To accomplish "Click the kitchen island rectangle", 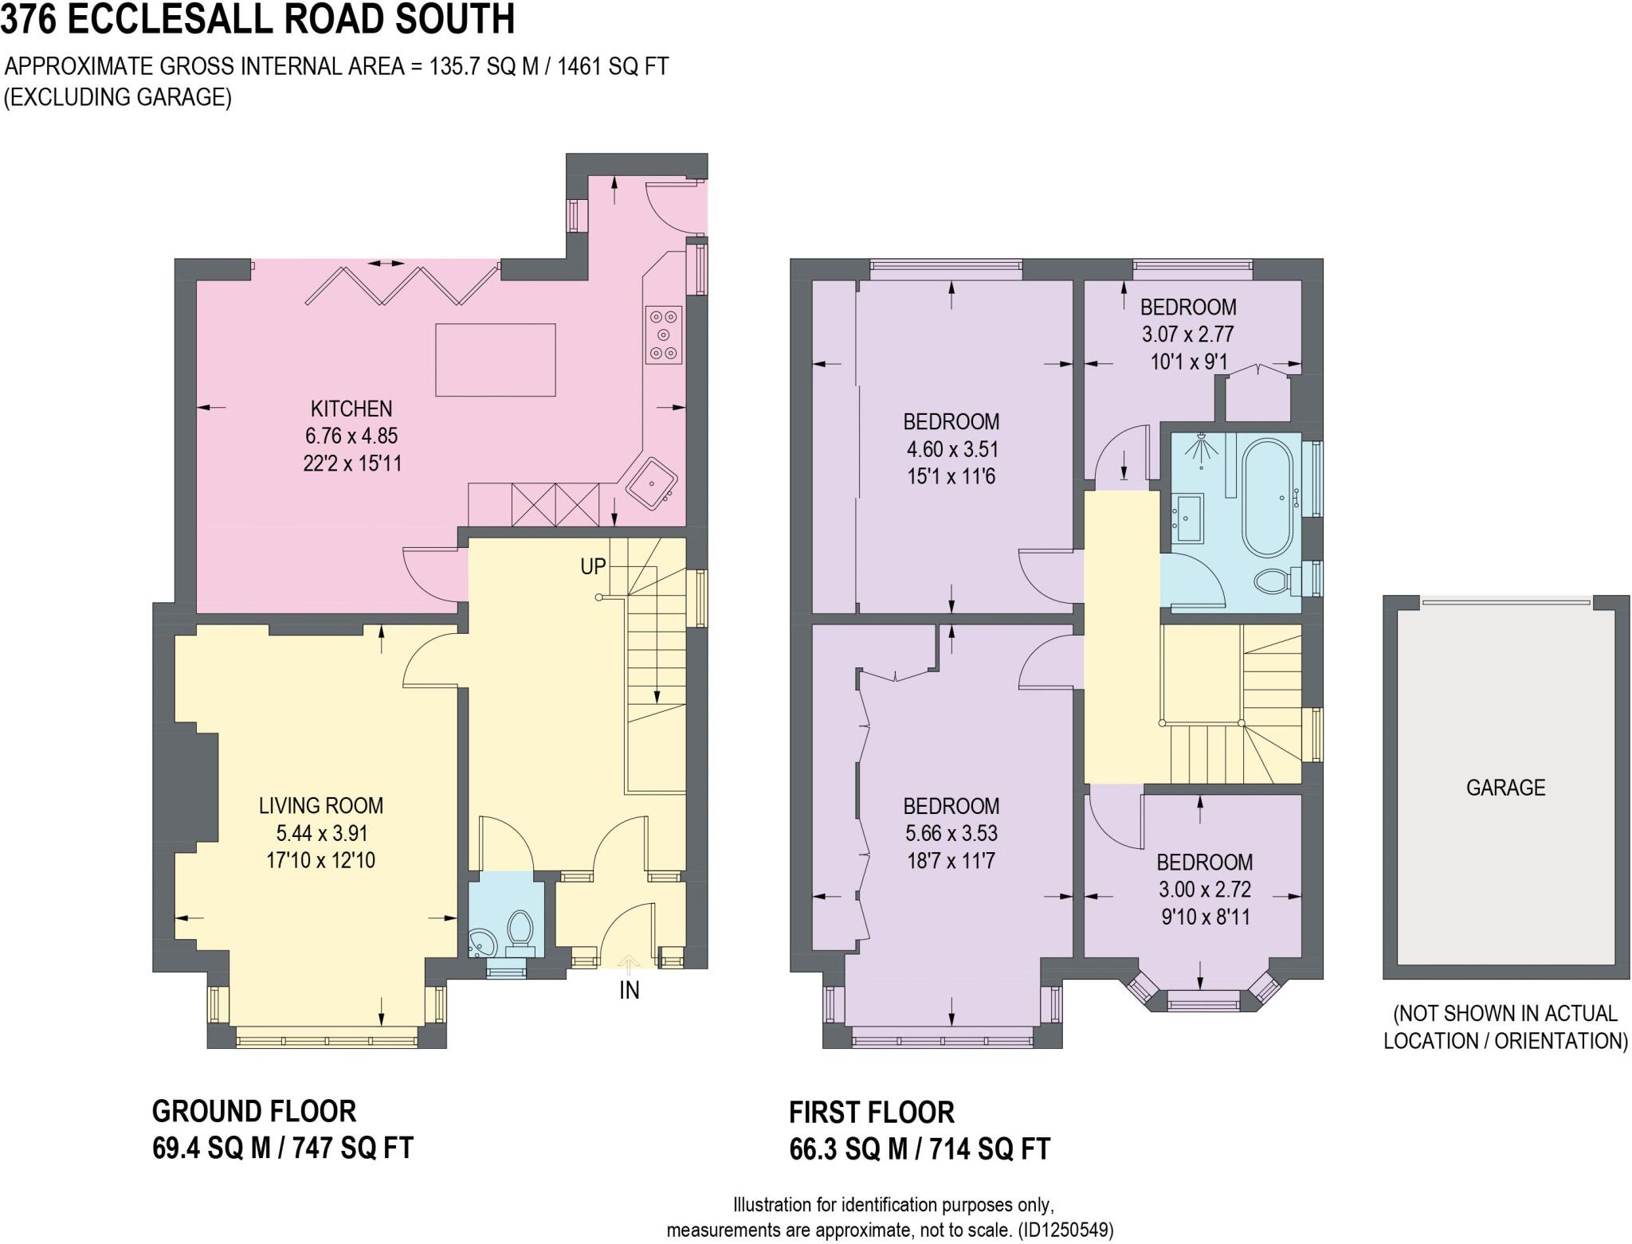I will click(495, 360).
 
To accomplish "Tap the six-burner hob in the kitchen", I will click(663, 335).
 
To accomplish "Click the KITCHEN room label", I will click(351, 409).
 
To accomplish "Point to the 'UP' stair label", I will click(593, 566).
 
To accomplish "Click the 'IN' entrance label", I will click(630, 990).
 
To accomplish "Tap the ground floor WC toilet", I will click(520, 933).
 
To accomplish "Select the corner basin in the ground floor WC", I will click(481, 944).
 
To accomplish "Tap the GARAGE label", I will click(1505, 788).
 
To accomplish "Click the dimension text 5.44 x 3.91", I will click(321, 833).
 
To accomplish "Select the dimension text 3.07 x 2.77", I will click(1187, 334).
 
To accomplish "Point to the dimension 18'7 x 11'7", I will click(951, 861).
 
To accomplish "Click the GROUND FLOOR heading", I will click(254, 1111).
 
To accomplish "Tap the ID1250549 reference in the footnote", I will click(1066, 1229).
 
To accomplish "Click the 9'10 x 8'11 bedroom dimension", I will click(1205, 917).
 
